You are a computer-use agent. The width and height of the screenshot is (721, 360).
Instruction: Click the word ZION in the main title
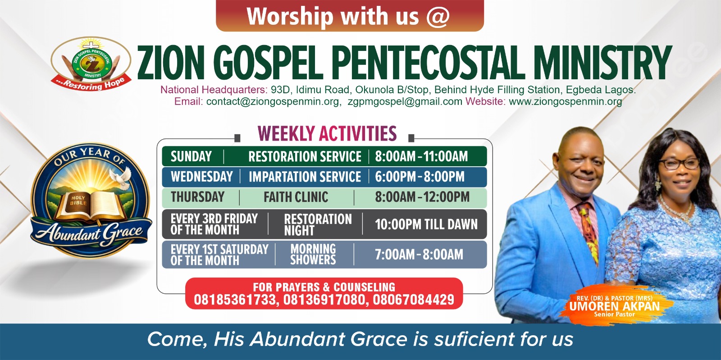pos(171,63)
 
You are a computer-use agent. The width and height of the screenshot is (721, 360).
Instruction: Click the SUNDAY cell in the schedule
pos(191,156)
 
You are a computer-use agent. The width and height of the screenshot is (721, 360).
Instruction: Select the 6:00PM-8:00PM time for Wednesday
pos(420,177)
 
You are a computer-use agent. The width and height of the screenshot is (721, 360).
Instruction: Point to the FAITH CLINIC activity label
pos(296,197)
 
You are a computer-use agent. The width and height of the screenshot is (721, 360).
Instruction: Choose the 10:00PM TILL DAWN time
pos(426,224)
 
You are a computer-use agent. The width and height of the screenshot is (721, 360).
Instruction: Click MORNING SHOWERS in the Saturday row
pos(313,254)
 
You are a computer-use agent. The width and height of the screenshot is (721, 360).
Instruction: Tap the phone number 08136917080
pos(324,300)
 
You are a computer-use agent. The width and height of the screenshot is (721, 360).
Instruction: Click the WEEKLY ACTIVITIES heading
pos(327,133)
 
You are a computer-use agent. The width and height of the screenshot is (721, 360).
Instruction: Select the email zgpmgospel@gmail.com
pos(405,101)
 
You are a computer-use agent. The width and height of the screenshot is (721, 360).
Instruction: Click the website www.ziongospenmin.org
pos(565,101)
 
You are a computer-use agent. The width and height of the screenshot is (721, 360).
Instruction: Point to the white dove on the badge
pos(121,177)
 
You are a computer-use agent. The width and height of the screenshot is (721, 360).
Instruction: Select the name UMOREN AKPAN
pos(615,306)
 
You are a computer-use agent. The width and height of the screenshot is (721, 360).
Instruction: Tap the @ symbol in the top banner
pos(438,16)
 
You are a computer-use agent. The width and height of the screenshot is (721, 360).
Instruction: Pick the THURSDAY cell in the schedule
pos(198,197)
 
